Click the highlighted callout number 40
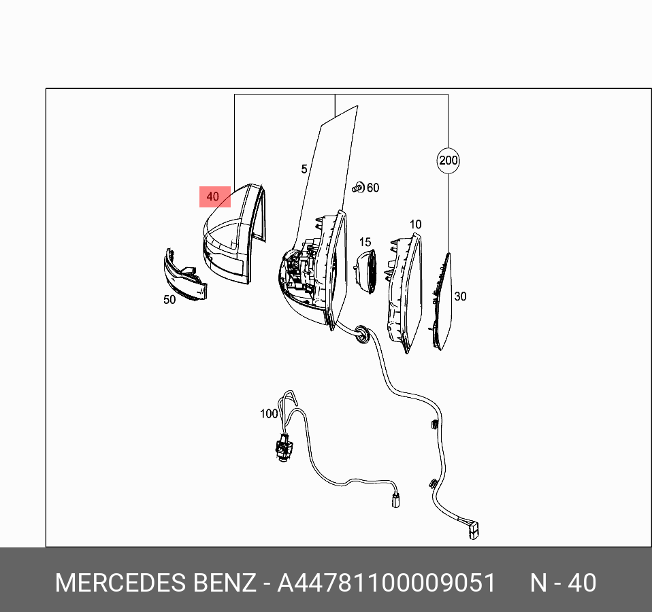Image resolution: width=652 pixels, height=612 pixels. click(214, 197)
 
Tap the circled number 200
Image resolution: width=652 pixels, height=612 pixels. click(448, 161)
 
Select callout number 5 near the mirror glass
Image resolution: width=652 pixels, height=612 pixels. click(304, 169)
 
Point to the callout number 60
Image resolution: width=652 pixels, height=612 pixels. click(373, 188)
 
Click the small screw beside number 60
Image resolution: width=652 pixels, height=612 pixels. click(357, 187)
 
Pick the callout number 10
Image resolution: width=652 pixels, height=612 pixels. click(415, 224)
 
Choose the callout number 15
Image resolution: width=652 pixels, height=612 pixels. click(365, 242)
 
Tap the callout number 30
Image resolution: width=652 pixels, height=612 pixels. click(461, 296)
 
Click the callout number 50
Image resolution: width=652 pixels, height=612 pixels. click(169, 299)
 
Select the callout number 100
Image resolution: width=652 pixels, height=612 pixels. click(269, 413)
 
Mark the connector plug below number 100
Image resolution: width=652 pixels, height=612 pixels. click(280, 448)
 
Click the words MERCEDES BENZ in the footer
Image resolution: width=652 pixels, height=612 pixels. click(155, 583)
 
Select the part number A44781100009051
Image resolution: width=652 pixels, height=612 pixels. click(386, 583)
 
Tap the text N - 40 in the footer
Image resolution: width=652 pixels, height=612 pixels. click(563, 583)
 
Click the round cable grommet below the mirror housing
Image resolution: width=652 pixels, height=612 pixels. click(361, 334)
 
